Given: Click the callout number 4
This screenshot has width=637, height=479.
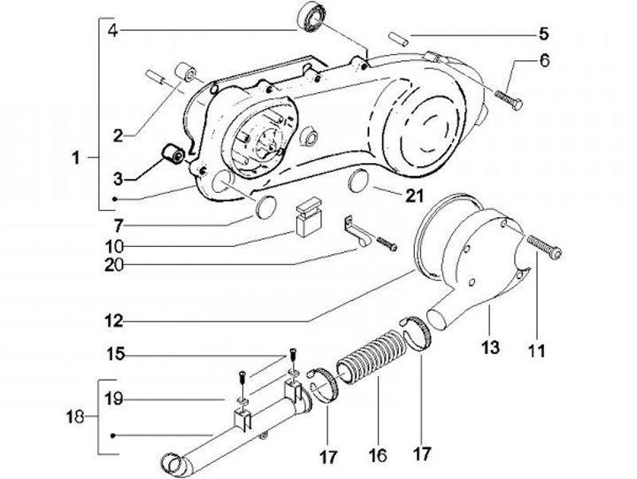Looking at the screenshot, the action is point(113,30).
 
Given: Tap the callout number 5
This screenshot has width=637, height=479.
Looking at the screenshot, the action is point(543,34).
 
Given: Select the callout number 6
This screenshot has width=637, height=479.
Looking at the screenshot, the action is point(544,60).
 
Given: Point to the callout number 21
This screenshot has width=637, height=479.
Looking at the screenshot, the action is point(414,196).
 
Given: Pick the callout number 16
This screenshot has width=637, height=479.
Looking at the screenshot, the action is point(378,454).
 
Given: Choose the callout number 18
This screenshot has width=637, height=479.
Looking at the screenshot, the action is point(75,417).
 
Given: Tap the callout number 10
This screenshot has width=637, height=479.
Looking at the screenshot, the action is point(114,245).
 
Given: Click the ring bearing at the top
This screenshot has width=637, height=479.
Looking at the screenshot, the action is point(311,18).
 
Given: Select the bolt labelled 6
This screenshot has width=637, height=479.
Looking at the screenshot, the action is point(509,100).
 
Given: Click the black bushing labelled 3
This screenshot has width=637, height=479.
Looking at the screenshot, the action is point(173,155).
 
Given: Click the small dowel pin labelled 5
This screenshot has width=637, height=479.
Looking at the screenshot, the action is point(398,38).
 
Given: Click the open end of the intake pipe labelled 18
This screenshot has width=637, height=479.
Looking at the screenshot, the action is point(173,464).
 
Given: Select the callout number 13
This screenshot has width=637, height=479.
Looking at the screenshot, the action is point(491,347).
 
